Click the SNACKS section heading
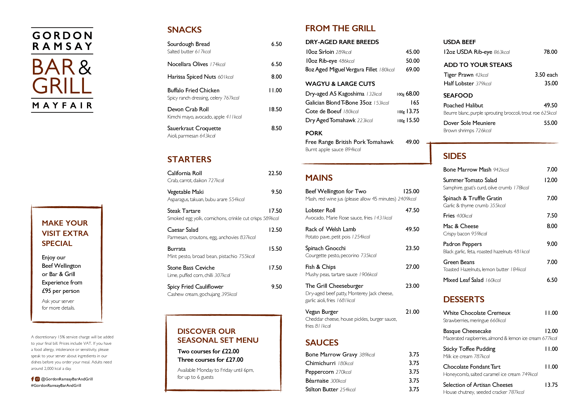click(x=184, y=30)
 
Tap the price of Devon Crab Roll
click(x=275, y=109)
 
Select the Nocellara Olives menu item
click(x=188, y=64)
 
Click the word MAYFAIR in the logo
click(x=62, y=106)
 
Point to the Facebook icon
click(x=33, y=379)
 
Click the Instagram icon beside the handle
click(x=37, y=379)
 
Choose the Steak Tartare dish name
click(x=184, y=211)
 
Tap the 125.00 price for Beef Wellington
click(x=411, y=191)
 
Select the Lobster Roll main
click(x=320, y=210)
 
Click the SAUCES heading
click(x=322, y=342)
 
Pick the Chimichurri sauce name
click(x=320, y=363)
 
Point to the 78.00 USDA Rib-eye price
click(x=550, y=52)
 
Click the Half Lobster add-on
click(x=459, y=83)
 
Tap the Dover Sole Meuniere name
click(x=469, y=123)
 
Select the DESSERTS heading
click(x=464, y=299)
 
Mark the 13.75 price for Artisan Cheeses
click(x=551, y=385)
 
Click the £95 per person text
click(x=61, y=291)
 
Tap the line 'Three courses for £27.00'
click(x=210, y=360)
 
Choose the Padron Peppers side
click(x=462, y=244)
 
